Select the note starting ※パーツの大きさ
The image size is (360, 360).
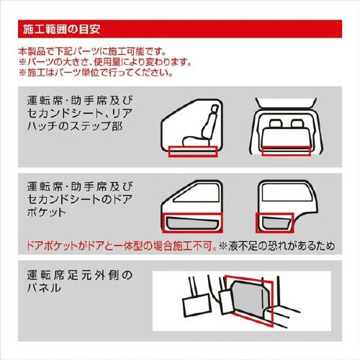(105, 62)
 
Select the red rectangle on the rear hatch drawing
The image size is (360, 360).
(287, 150)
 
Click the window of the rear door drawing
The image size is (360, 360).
(289, 192)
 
